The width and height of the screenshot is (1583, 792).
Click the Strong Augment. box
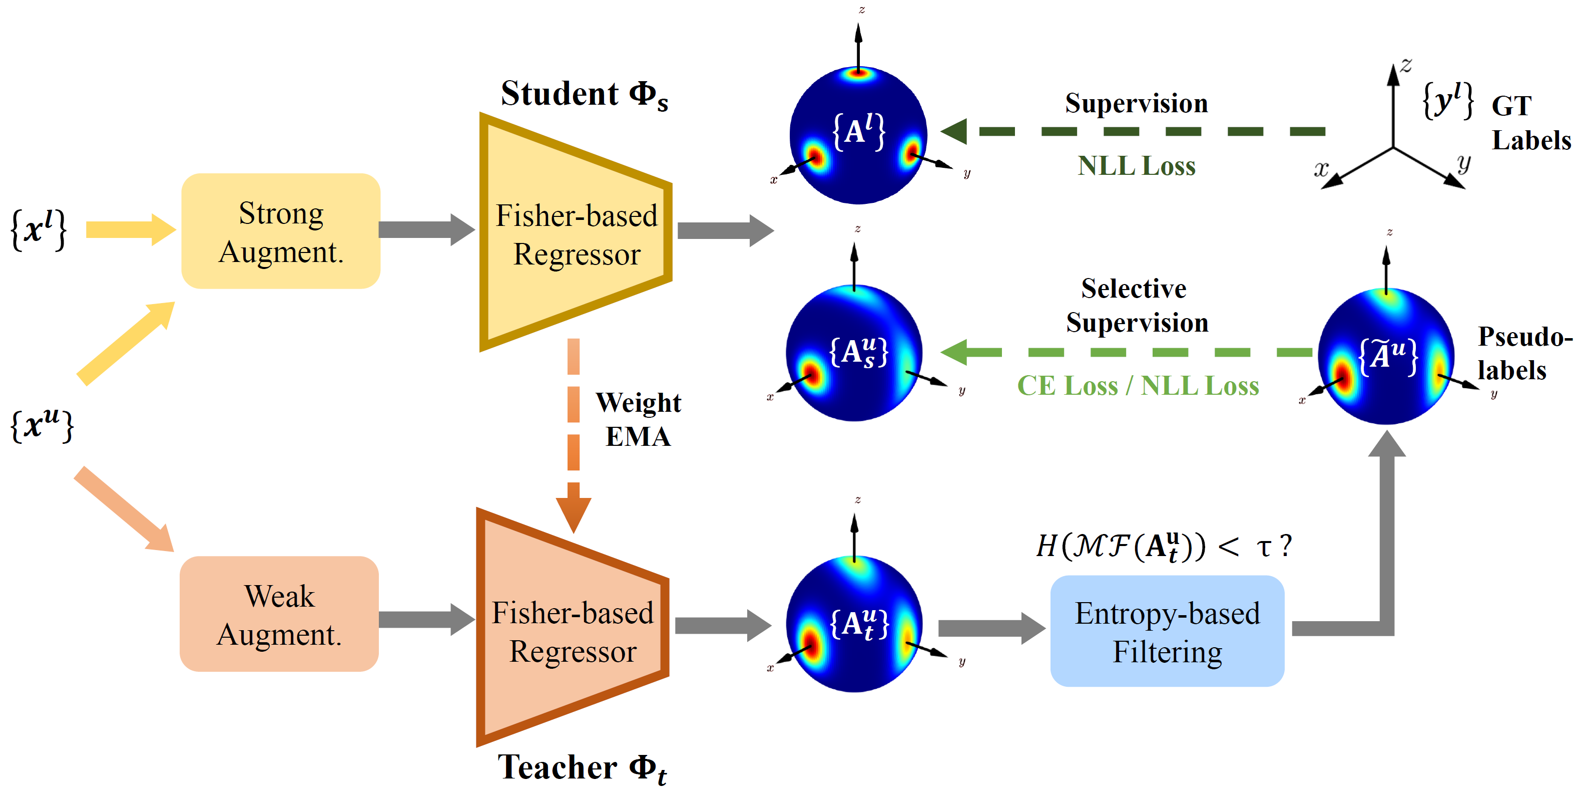point(281,231)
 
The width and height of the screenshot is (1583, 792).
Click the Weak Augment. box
point(279,614)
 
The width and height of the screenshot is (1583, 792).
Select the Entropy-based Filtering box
point(1167,631)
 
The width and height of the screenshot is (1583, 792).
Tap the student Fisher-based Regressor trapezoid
point(576,232)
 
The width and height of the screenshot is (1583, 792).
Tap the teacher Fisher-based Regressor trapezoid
point(573,627)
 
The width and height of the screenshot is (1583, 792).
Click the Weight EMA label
point(639,419)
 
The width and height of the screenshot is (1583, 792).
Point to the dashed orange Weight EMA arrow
point(574,435)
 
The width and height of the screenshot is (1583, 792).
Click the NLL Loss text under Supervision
point(1136,166)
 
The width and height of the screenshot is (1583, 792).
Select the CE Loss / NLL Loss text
point(1138,386)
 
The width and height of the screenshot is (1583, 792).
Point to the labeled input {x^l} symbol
point(38,230)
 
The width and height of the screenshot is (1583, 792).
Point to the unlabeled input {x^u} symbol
point(42,425)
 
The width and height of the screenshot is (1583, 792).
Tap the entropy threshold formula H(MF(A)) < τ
point(1163,546)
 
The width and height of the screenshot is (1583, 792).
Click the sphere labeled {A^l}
point(858,135)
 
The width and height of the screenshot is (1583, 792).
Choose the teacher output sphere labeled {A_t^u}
point(854,624)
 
